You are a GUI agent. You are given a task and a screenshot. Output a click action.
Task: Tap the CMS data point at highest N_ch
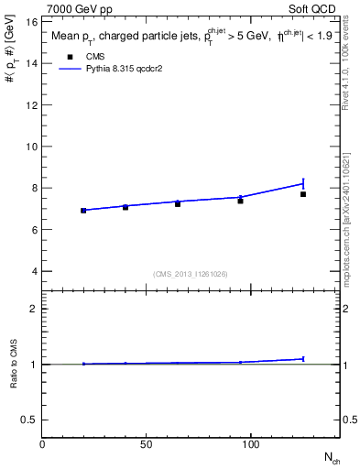coord(303,194)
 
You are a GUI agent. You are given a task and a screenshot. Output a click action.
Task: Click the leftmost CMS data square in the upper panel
coord(83,211)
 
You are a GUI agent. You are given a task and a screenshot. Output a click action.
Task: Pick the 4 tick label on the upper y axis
coord(33,271)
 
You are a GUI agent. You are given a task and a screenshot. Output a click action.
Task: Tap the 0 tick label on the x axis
coord(42,443)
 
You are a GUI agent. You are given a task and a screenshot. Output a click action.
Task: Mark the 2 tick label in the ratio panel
coord(33,309)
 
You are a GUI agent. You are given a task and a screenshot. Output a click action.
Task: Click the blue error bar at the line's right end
coord(303,183)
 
